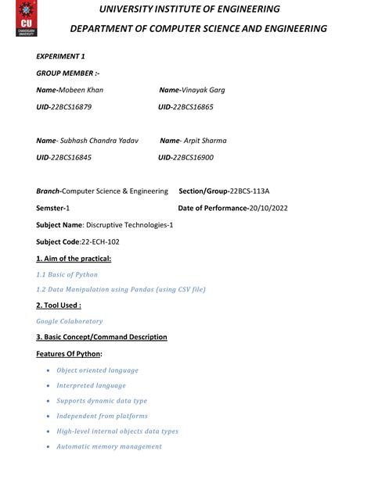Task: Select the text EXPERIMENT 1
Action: [x=61, y=56]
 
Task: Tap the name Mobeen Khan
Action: [x=81, y=90]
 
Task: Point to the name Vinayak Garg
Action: [x=203, y=90]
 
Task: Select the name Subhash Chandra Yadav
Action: [x=99, y=141]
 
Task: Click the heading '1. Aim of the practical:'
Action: [x=74, y=258]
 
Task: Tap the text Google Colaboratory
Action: [x=70, y=321]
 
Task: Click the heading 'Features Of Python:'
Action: [x=69, y=354]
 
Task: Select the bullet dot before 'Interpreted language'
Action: [x=49, y=385]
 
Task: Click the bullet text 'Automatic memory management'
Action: [x=109, y=446]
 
